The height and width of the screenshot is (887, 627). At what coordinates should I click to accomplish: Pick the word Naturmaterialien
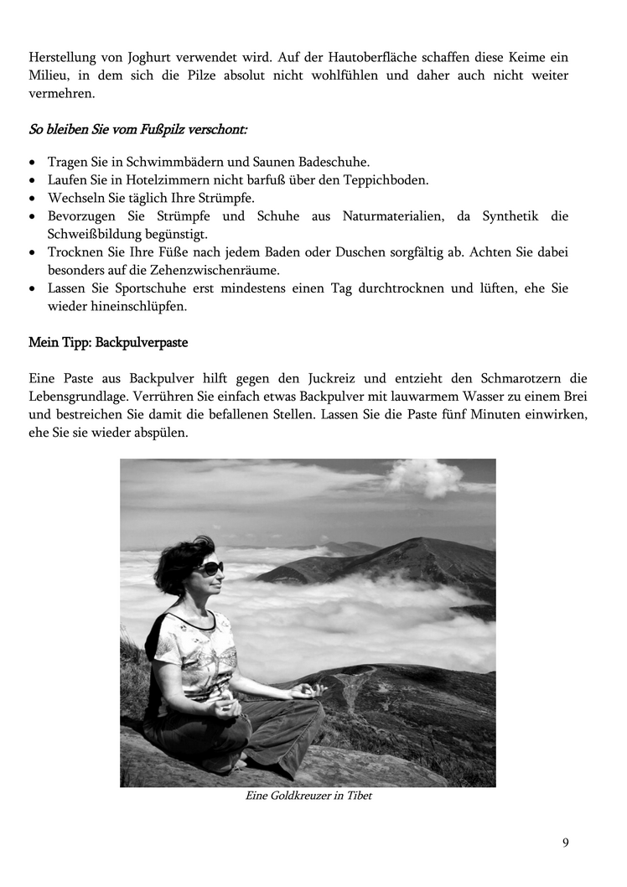click(x=393, y=216)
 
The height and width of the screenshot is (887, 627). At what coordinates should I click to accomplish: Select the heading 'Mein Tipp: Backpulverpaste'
click(x=108, y=343)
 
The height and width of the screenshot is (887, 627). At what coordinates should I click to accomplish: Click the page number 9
click(x=566, y=843)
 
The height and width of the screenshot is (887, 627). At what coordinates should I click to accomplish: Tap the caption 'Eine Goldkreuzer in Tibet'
click(x=308, y=796)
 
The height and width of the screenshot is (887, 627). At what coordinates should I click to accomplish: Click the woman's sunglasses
click(x=209, y=568)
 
